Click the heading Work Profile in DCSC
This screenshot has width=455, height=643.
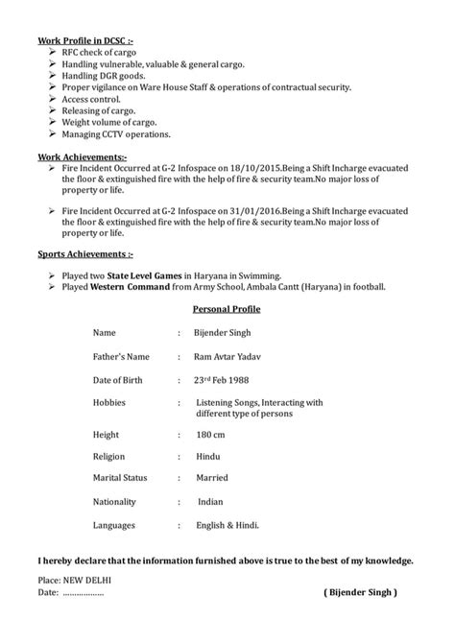84,41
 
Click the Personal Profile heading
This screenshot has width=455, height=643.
227,310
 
